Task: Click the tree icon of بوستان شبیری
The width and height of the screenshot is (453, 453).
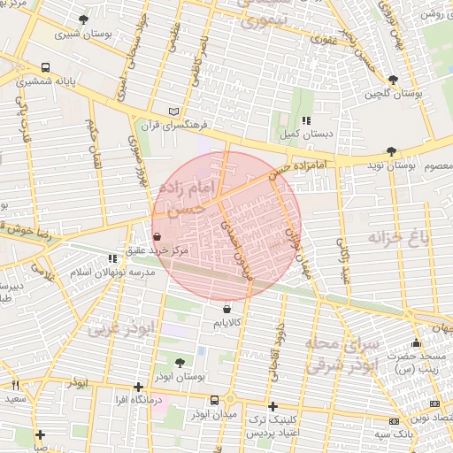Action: [x=83, y=19]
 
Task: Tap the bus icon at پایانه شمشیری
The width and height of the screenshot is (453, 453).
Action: [x=45, y=67]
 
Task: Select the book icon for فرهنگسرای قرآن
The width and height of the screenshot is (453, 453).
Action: [x=173, y=111]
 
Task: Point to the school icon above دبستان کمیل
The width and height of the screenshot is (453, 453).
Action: [x=306, y=120]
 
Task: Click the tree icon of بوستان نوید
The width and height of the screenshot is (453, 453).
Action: [x=392, y=151]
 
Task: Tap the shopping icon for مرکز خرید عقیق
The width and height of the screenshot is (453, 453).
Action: [x=157, y=236]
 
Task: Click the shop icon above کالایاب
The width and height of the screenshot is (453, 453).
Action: [x=228, y=310]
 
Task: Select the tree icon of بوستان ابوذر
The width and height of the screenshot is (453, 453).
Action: [x=180, y=362]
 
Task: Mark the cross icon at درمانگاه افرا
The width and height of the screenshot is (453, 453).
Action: [x=138, y=386]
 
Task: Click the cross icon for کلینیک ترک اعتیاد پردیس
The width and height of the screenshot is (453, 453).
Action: [x=273, y=405]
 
